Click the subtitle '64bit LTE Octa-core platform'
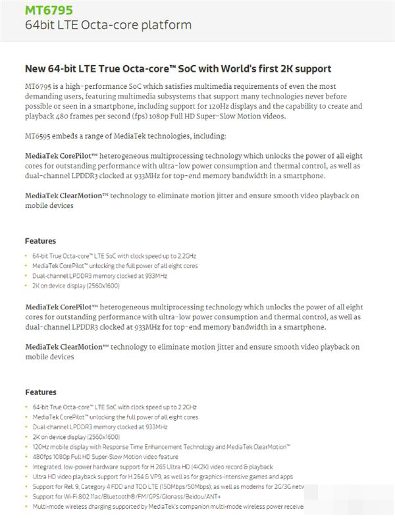point(108,26)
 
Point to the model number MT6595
point(39,136)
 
